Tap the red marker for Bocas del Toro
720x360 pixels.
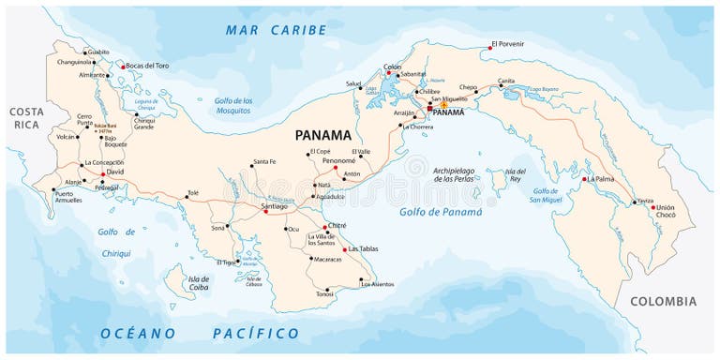click(122, 67)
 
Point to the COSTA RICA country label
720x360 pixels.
click(26, 117)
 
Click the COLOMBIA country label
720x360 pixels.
click(663, 301)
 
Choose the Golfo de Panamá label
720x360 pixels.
click(441, 212)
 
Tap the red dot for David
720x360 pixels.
click(103, 173)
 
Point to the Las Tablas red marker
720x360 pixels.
click(344, 249)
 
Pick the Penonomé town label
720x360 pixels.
click(338, 160)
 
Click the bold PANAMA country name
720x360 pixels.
click(322, 134)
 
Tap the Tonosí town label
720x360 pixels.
click(324, 294)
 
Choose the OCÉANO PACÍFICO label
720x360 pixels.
click(201, 333)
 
